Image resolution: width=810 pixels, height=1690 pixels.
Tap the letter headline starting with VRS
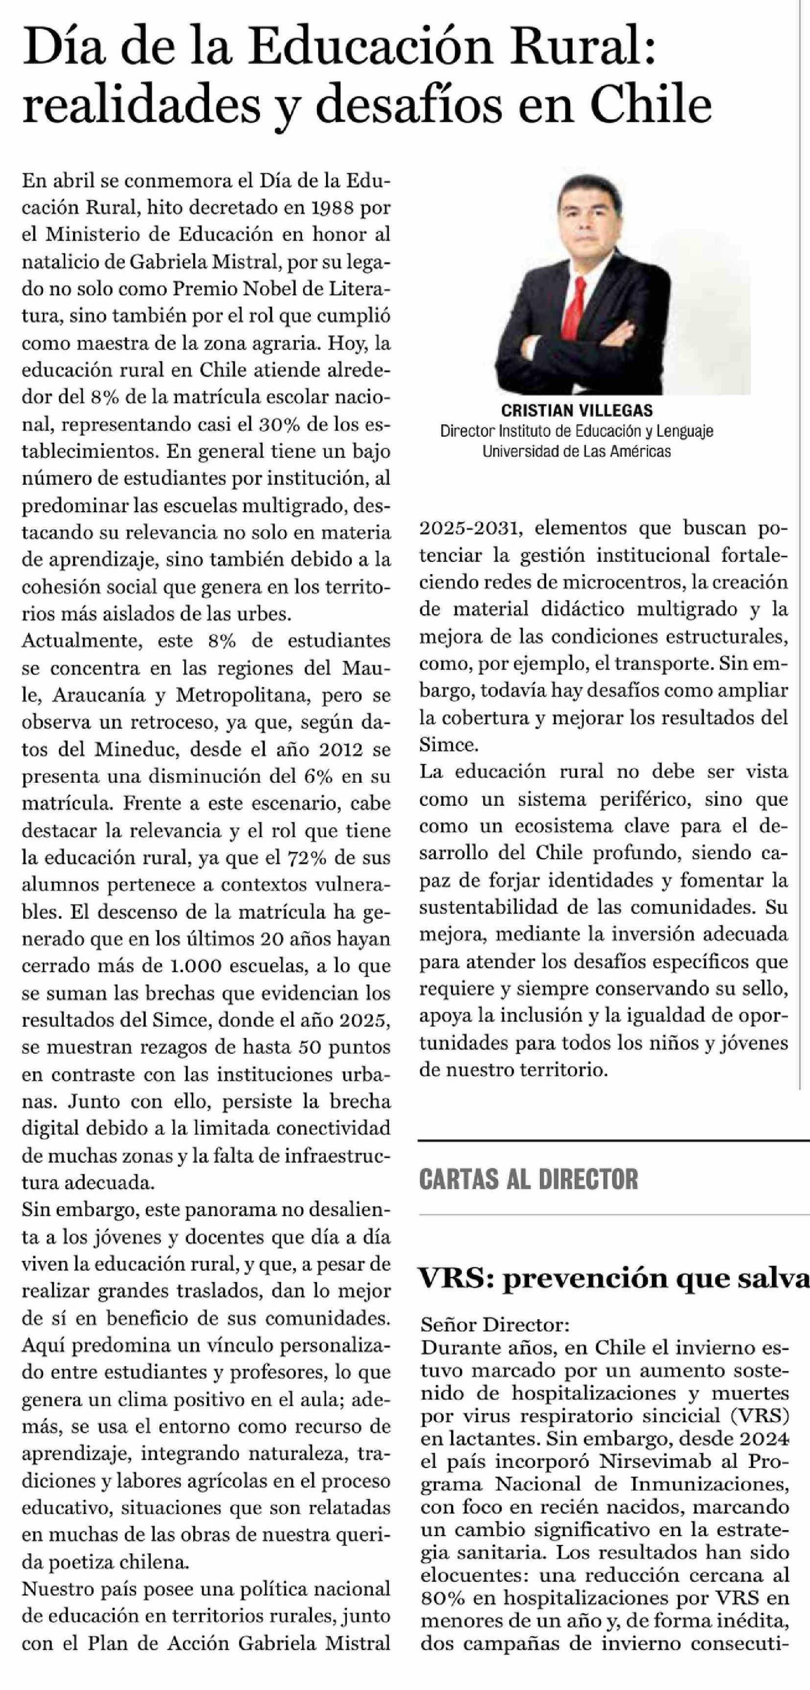(x=614, y=1277)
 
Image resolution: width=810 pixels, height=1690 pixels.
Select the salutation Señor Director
(x=495, y=1324)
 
